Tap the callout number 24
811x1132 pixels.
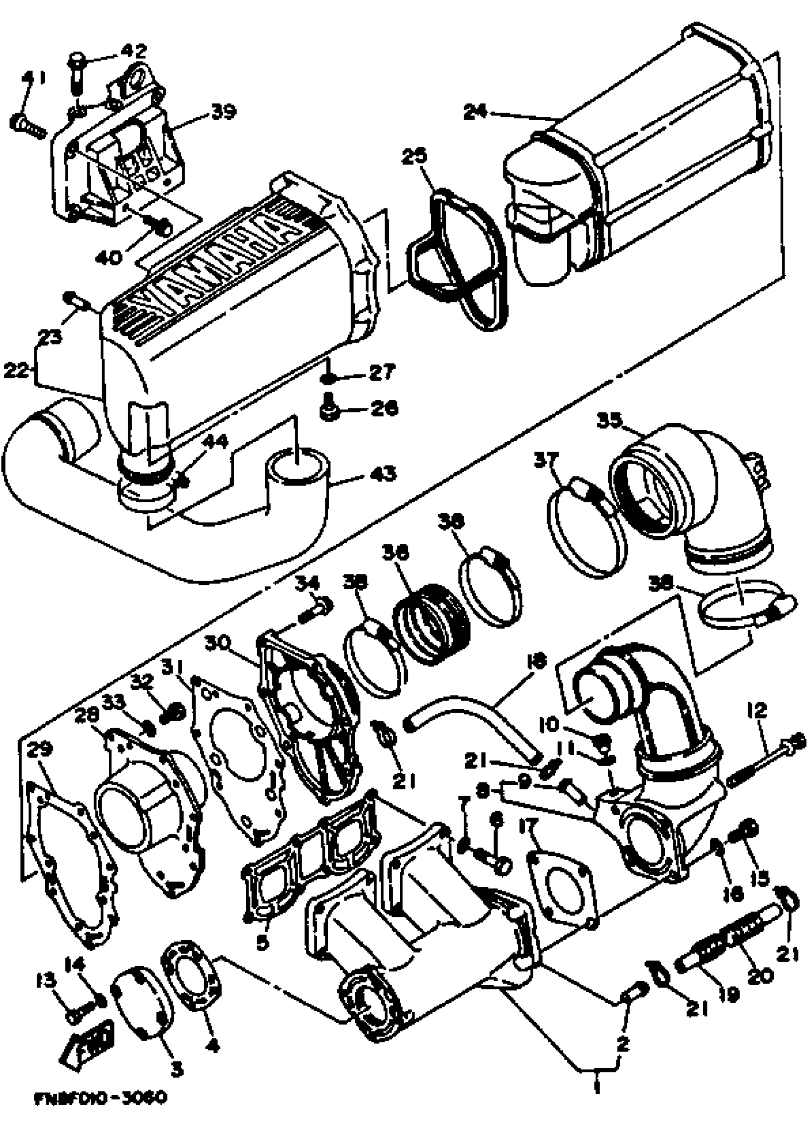(475, 111)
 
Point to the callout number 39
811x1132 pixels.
(223, 112)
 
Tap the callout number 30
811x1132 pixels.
(217, 645)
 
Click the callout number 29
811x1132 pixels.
(40, 750)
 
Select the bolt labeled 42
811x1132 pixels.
(76, 73)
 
